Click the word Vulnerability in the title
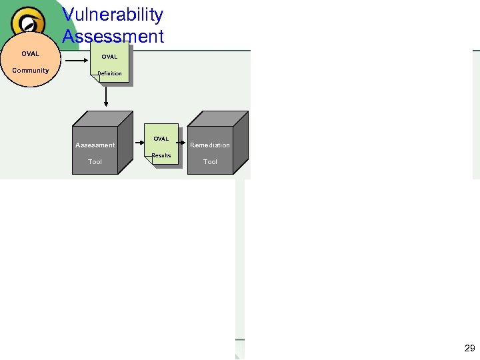(x=113, y=15)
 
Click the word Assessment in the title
(x=113, y=36)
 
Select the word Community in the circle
(x=31, y=70)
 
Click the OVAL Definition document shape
(x=111, y=64)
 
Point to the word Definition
(x=110, y=73)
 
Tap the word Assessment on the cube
(x=95, y=145)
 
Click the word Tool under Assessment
(x=95, y=161)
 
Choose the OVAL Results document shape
(x=162, y=144)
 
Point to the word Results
(x=162, y=155)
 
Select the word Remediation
(x=210, y=145)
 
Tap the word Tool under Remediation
(x=210, y=161)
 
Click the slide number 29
(x=469, y=348)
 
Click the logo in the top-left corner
(x=28, y=23)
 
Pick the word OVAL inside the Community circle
(x=30, y=53)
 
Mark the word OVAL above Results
(x=161, y=139)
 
